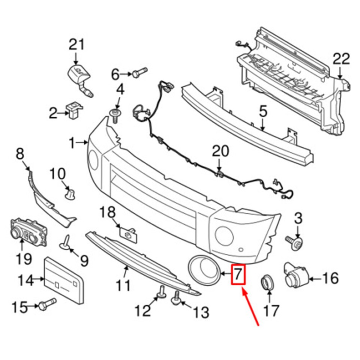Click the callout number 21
[x=76, y=45]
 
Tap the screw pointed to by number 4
[x=115, y=116]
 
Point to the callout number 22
[x=341, y=59]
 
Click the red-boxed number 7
[x=238, y=274]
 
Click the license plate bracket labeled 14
[x=64, y=280]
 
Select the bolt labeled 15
[x=48, y=304]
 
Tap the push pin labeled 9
[x=66, y=243]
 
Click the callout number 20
[x=220, y=151]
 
